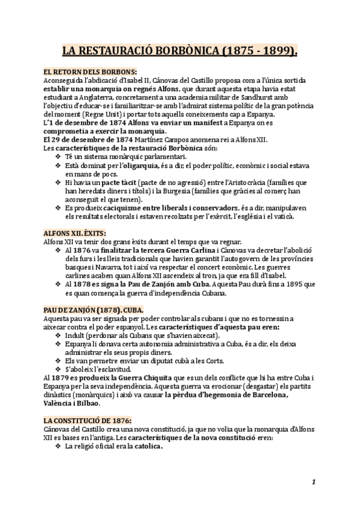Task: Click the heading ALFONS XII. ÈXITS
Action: [75, 232]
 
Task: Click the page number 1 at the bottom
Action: [314, 482]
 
